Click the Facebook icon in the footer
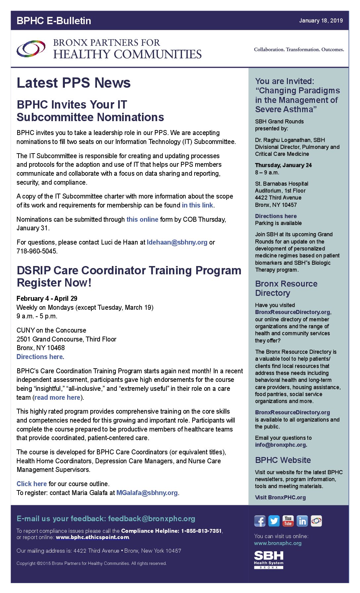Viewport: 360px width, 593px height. (x=260, y=521)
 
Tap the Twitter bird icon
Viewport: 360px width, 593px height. (x=274, y=521)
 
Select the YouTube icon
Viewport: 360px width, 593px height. (x=288, y=521)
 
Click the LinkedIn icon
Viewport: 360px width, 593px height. (x=302, y=521)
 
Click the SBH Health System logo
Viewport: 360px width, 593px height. (x=269, y=560)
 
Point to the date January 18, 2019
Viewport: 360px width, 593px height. (x=321, y=21)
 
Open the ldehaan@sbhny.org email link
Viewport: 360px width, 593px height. (x=177, y=242)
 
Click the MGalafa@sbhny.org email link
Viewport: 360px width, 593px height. (x=147, y=493)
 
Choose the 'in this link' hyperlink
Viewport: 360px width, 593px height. (x=197, y=205)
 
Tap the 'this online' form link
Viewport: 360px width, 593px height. (x=142, y=219)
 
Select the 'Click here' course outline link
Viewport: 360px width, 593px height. (x=31, y=484)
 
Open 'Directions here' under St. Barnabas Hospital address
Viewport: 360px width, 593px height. (x=276, y=216)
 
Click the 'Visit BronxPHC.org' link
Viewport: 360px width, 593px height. (x=280, y=497)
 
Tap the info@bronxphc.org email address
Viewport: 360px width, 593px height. (x=281, y=445)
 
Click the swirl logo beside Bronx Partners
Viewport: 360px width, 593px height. (x=31, y=49)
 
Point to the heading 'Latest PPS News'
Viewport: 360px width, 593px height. (x=73, y=83)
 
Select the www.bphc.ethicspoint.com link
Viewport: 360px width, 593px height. (x=92, y=537)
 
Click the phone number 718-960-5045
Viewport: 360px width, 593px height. (x=37, y=251)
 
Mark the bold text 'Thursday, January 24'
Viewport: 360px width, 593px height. (x=283, y=165)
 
